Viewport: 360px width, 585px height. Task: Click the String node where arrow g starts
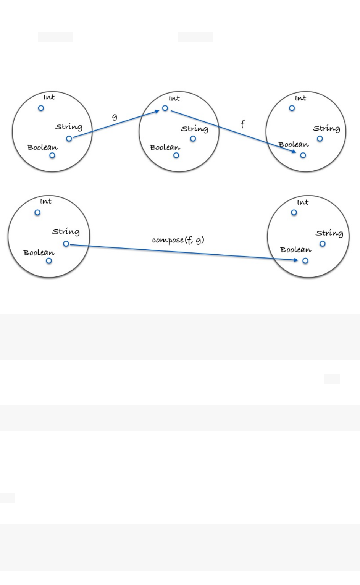click(x=69, y=139)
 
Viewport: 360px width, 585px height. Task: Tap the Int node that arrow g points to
click(x=165, y=108)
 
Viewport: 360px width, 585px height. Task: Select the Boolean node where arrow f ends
click(x=303, y=155)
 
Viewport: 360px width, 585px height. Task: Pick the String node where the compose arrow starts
click(x=66, y=244)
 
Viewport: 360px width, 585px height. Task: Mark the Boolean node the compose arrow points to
click(x=305, y=261)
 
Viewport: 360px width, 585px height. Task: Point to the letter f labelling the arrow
click(x=242, y=124)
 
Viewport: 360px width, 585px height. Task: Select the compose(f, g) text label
click(x=178, y=240)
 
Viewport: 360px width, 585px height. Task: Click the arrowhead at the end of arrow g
click(x=157, y=111)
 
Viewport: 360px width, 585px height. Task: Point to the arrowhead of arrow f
click(x=294, y=152)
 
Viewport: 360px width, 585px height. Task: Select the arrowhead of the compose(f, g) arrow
click(x=296, y=260)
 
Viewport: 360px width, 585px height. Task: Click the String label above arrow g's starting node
click(x=69, y=127)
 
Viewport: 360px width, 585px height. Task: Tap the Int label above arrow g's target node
click(x=174, y=99)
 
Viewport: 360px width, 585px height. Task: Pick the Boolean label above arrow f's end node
click(x=293, y=145)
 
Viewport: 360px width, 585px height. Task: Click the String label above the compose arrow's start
click(x=66, y=232)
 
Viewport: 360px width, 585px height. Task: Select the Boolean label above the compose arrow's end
click(x=295, y=250)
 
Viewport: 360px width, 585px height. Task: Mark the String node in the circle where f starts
click(x=193, y=139)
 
